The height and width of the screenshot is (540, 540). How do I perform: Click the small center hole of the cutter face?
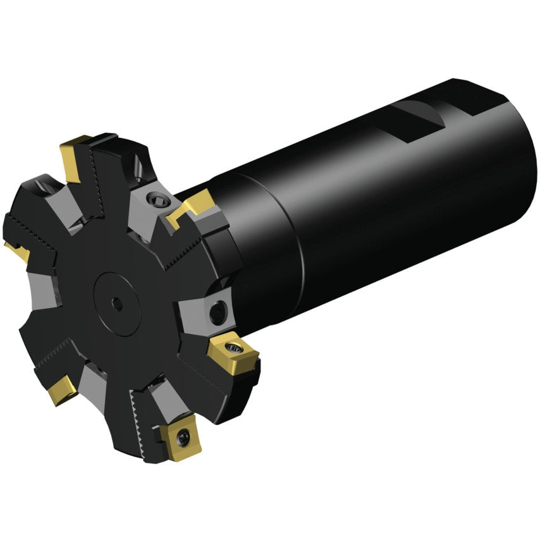pos(116,304)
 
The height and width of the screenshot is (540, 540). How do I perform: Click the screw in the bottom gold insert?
pos(183,435)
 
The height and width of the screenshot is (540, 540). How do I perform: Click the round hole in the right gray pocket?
pos(218,309)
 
